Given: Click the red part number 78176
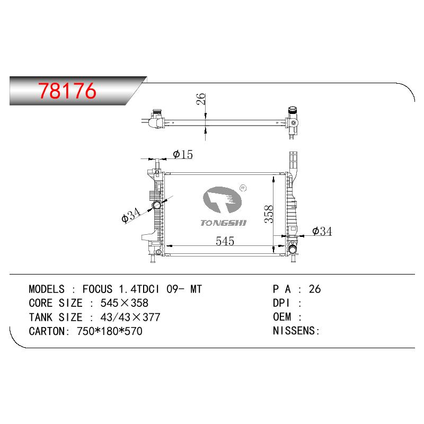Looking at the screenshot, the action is (x=67, y=91).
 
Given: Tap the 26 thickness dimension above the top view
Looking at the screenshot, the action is (x=201, y=99).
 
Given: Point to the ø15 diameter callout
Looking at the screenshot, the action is (x=183, y=154).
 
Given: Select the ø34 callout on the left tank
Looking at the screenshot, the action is (x=131, y=215).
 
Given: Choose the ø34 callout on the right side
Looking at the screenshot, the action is (x=322, y=231).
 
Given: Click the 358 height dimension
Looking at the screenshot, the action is (x=269, y=214).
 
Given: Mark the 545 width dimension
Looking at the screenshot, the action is (x=225, y=241).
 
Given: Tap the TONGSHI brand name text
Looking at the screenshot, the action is (x=223, y=223).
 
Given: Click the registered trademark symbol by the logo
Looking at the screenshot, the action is (x=243, y=188).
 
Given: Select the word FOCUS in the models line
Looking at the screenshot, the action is (x=98, y=289).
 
